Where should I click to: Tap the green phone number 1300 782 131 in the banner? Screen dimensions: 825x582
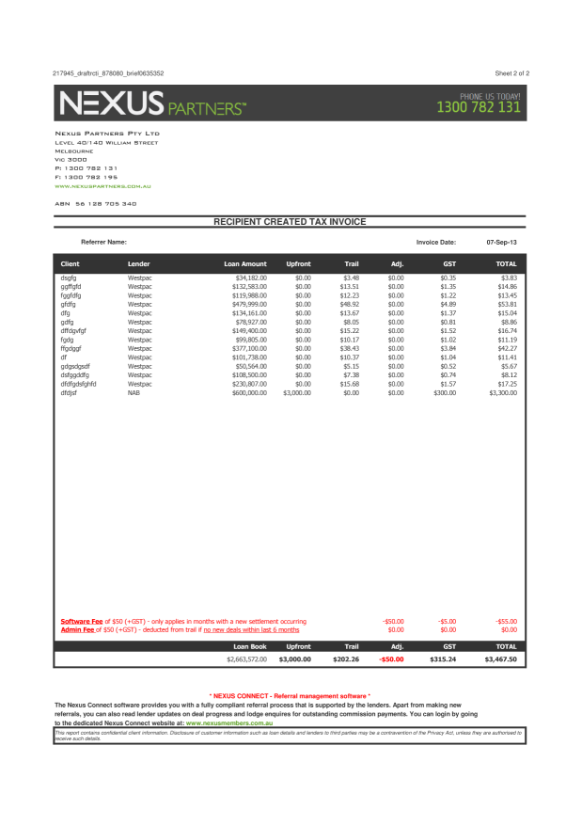[x=479, y=107]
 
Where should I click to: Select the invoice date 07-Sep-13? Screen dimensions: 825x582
[x=501, y=242]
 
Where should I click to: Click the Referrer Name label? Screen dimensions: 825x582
[x=103, y=242]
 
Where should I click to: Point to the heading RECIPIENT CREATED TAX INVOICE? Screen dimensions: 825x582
[x=290, y=222]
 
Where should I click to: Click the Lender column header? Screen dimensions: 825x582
[x=138, y=264]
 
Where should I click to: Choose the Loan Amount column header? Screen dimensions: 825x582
[x=245, y=264]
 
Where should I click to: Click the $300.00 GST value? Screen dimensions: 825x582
[x=444, y=392]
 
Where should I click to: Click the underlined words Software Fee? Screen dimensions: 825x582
[x=82, y=622]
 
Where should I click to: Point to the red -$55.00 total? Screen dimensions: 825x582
[x=506, y=622]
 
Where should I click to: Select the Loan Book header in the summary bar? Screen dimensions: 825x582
[x=250, y=647]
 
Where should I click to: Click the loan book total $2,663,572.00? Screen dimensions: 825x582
[x=246, y=660]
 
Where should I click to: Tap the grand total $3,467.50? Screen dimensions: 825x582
[x=500, y=660]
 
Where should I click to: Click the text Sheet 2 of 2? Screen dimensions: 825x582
[x=511, y=72]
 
